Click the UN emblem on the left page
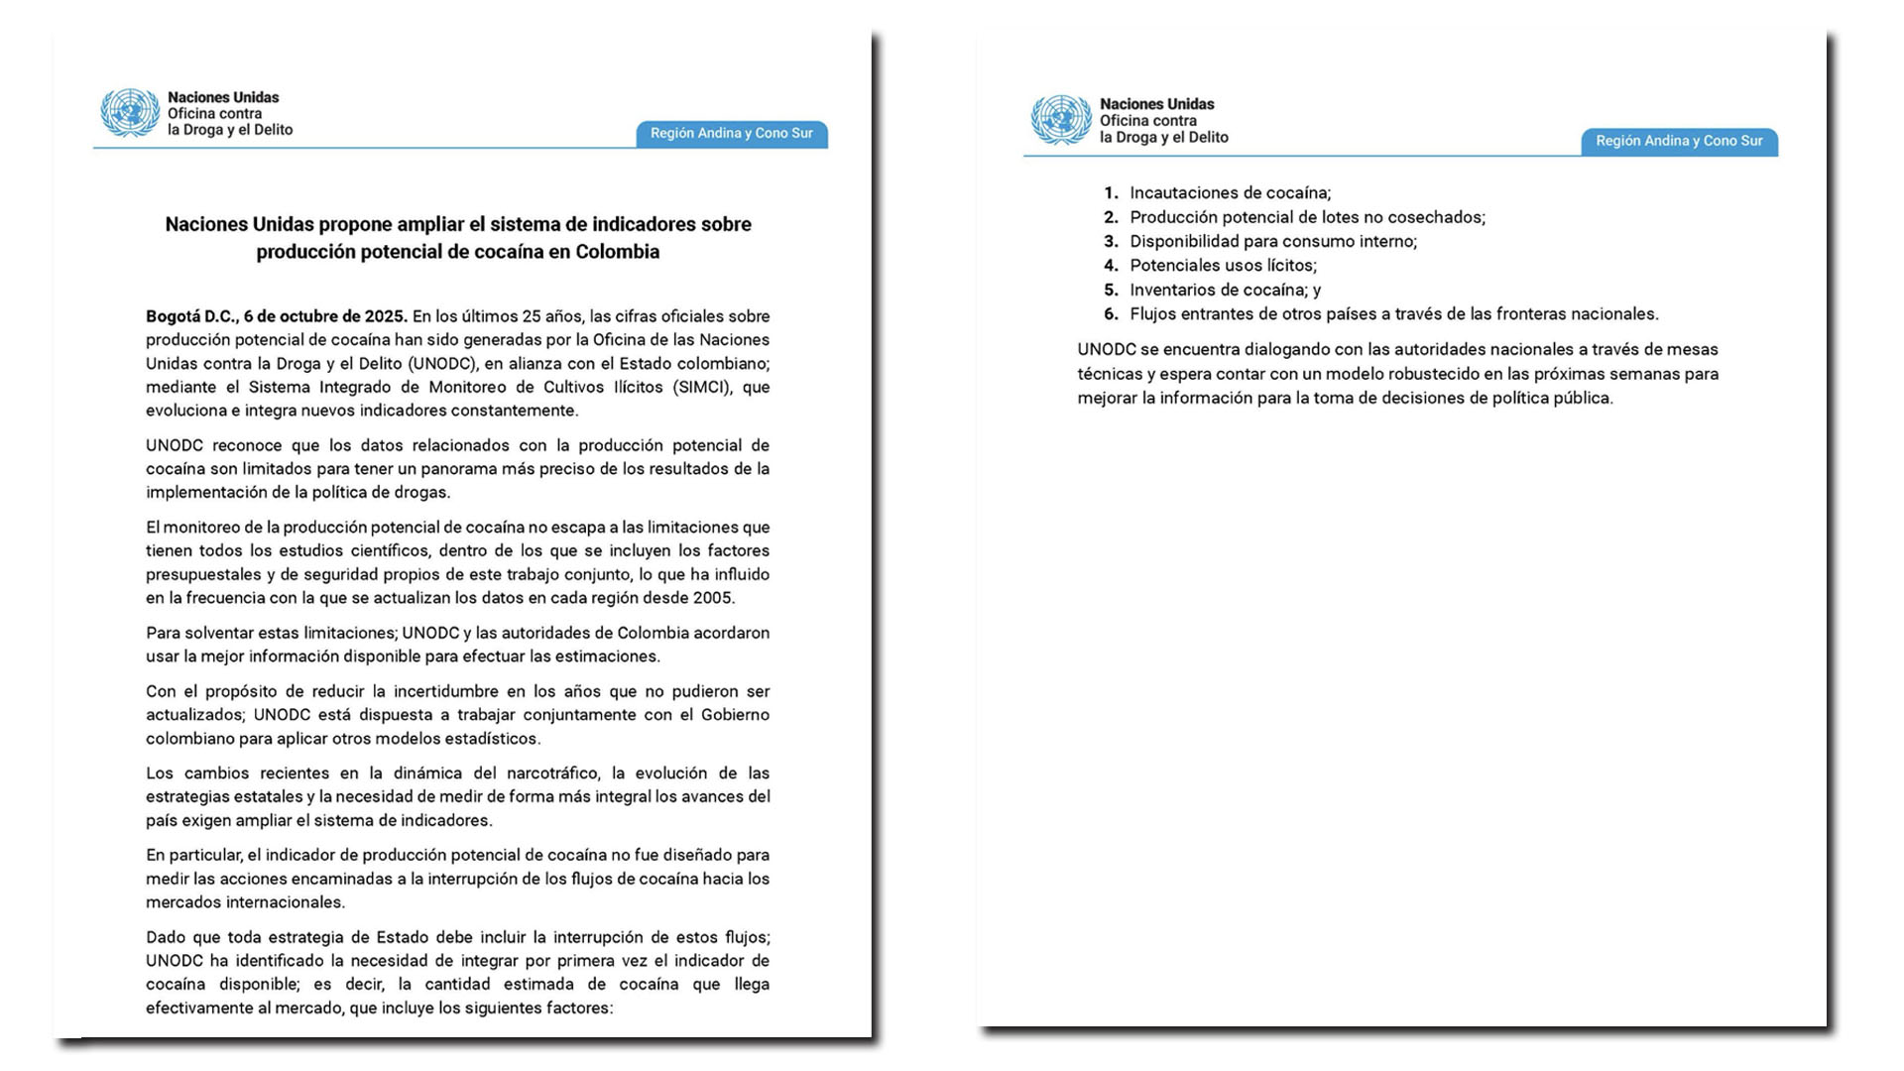pyautogui.click(x=130, y=113)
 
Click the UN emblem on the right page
pyautogui.click(x=1061, y=120)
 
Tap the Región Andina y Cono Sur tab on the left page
pyautogui.click(x=731, y=134)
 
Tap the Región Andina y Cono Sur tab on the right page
pyautogui.click(x=1679, y=141)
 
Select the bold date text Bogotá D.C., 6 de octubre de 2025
pyautogui.click(x=276, y=316)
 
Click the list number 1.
pyautogui.click(x=1111, y=193)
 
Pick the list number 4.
pyautogui.click(x=1111, y=266)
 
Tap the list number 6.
pyautogui.click(x=1111, y=314)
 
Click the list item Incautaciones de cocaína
pyautogui.click(x=1230, y=193)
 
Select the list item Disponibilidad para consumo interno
pyautogui.click(x=1272, y=241)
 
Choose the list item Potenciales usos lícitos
pyautogui.click(x=1223, y=266)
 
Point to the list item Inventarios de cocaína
pyautogui.click(x=1217, y=290)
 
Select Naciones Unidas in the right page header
pyautogui.click(x=1156, y=104)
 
